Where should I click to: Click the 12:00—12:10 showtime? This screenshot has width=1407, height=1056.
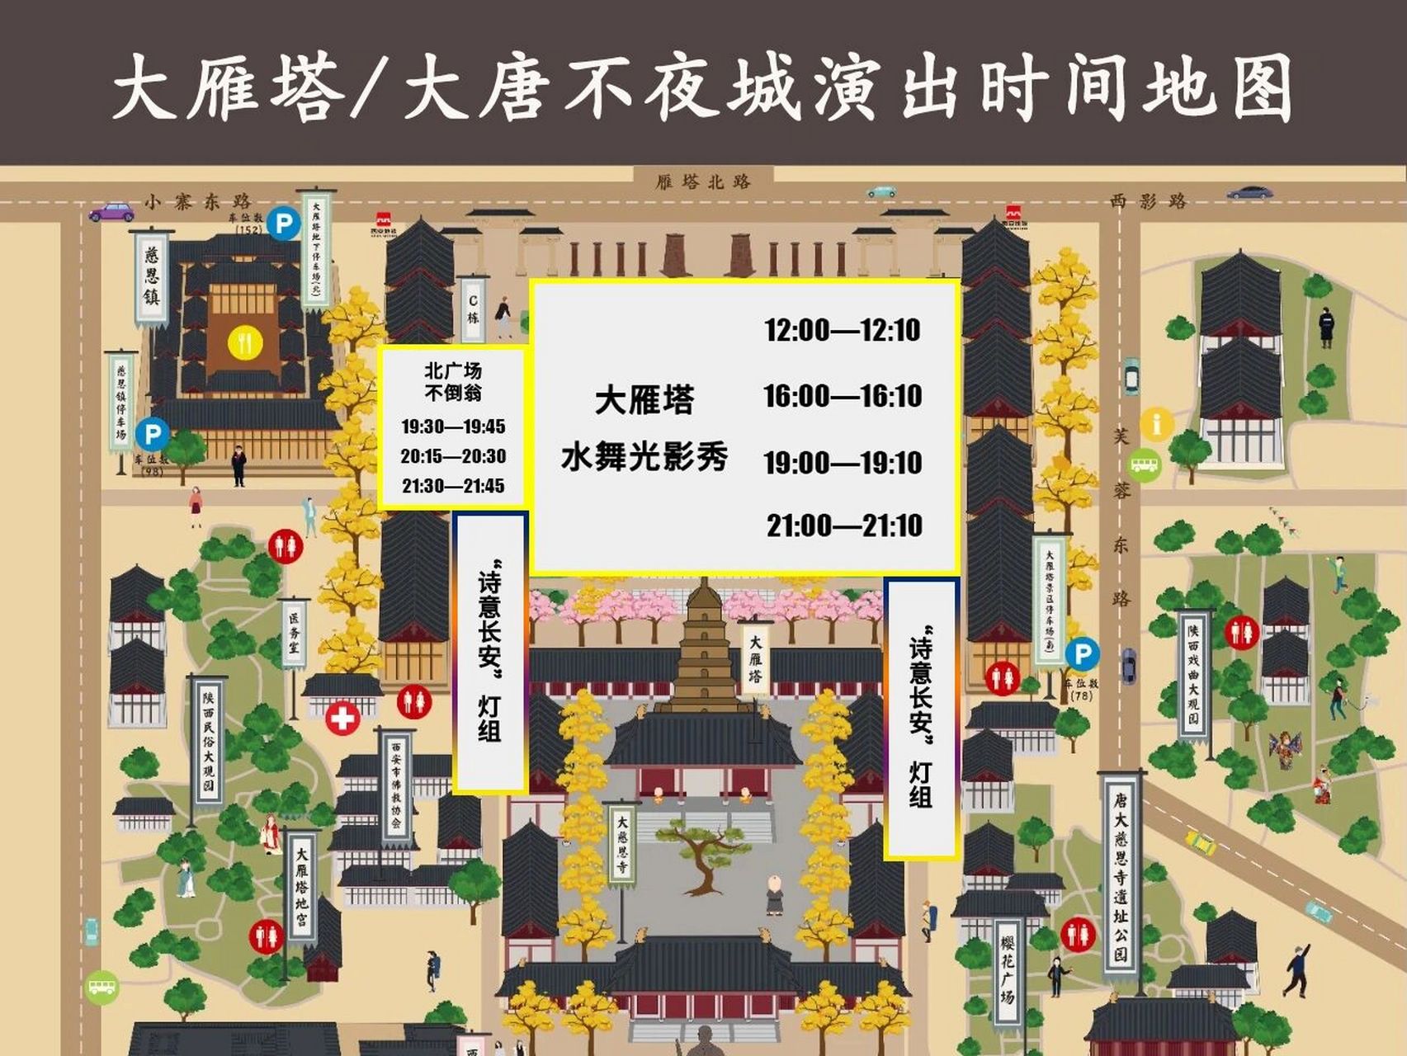click(x=842, y=331)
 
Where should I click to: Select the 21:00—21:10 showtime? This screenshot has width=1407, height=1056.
click(x=844, y=526)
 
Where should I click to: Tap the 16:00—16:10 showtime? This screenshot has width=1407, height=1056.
click(x=842, y=397)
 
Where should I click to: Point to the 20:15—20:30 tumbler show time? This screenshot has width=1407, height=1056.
click(x=453, y=456)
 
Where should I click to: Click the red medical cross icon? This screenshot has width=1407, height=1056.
click(x=342, y=718)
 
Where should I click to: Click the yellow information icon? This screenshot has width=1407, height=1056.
click(x=1156, y=424)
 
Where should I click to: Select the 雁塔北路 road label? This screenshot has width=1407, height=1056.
click(x=703, y=181)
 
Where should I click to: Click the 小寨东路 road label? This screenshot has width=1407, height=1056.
click(x=197, y=201)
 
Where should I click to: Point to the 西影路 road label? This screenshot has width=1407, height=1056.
click(x=1147, y=200)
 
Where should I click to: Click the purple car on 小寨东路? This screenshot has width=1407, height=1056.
click(x=111, y=212)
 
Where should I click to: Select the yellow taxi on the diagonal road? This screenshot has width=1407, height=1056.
click(x=1201, y=842)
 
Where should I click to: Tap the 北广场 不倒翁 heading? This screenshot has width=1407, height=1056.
click(x=453, y=382)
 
